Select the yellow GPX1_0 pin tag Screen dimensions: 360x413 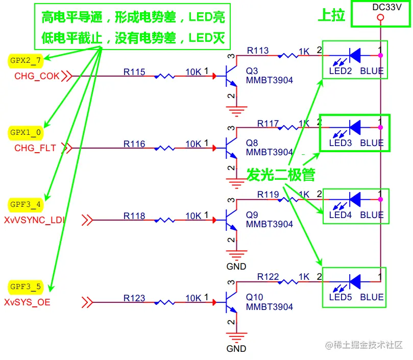coord(26,132)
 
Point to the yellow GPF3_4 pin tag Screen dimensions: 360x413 coord(26,205)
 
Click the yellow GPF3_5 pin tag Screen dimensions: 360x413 coord(26,287)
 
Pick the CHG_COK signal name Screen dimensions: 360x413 coord(37,76)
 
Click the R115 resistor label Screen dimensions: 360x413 coord(134,73)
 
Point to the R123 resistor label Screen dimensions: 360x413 coord(134,298)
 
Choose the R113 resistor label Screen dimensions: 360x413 coord(258,51)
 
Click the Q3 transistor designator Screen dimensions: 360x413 coord(252,71)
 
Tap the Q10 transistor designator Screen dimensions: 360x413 coord(254,297)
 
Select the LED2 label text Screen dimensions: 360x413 coord(340,71)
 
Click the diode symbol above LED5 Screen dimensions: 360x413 coord(354,280)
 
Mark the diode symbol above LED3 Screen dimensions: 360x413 coord(354,126)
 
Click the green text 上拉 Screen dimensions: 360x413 coord(331,16)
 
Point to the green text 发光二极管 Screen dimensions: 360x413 coord(281,175)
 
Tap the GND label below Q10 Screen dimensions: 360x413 coord(236,349)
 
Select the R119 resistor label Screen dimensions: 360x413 coord(268,195)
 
